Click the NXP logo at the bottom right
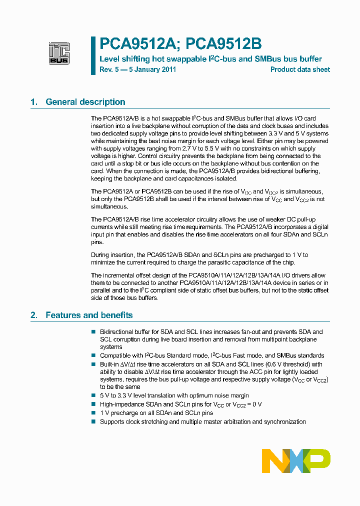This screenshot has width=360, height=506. click(296, 460)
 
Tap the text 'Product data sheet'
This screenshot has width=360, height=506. click(300, 69)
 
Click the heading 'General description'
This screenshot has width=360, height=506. click(85, 102)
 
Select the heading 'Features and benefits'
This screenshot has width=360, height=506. click(89, 315)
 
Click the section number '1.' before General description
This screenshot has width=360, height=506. click(34, 102)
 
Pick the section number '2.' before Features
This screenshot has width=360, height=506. click(34, 315)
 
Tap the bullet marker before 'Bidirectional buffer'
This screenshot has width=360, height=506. click(93, 332)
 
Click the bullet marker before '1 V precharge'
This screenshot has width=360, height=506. click(93, 413)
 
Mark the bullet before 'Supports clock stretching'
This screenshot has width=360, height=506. click(93, 422)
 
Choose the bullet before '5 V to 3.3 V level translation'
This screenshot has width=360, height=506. click(93, 395)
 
